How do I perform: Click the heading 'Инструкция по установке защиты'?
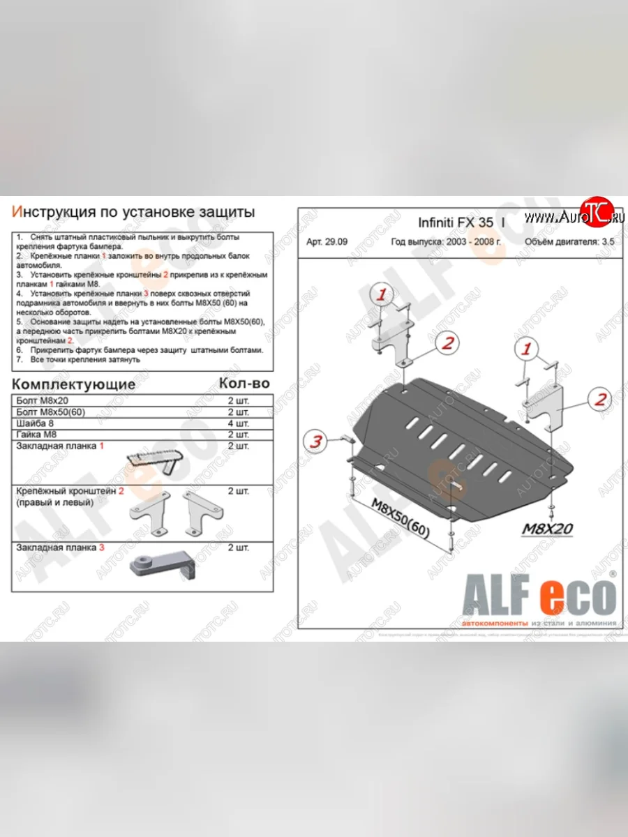(x=133, y=212)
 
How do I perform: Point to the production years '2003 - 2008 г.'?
(x=470, y=243)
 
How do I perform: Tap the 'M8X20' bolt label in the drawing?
(x=548, y=529)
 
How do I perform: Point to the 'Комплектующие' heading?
(x=74, y=384)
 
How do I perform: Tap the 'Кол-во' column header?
(x=244, y=383)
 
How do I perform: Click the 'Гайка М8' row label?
(x=33, y=435)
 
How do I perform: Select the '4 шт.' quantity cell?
(x=238, y=423)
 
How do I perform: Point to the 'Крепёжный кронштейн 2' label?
(x=70, y=491)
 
